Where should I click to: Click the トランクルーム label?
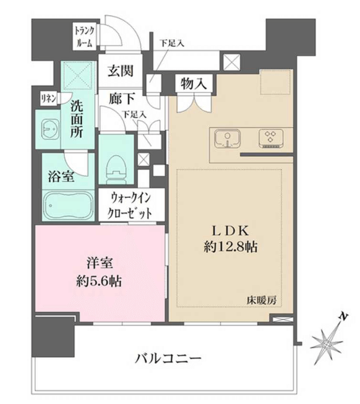[85, 37]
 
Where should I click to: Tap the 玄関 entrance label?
[120, 71]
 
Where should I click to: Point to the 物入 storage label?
[194, 83]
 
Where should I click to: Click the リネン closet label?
[49, 99]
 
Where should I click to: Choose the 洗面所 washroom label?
[77, 119]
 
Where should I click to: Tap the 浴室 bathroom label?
[61, 176]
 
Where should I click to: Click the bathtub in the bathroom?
[68, 206]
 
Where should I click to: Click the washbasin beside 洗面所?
[50, 129]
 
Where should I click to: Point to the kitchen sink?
[227, 139]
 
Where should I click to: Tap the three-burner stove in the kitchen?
[271, 138]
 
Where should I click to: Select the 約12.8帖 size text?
[230, 248]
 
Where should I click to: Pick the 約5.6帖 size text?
[99, 281]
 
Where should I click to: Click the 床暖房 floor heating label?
[261, 301]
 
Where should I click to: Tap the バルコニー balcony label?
[168, 358]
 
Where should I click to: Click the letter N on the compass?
[343, 316]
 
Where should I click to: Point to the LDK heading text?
[230, 231]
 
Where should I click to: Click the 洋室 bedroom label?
[99, 263]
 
